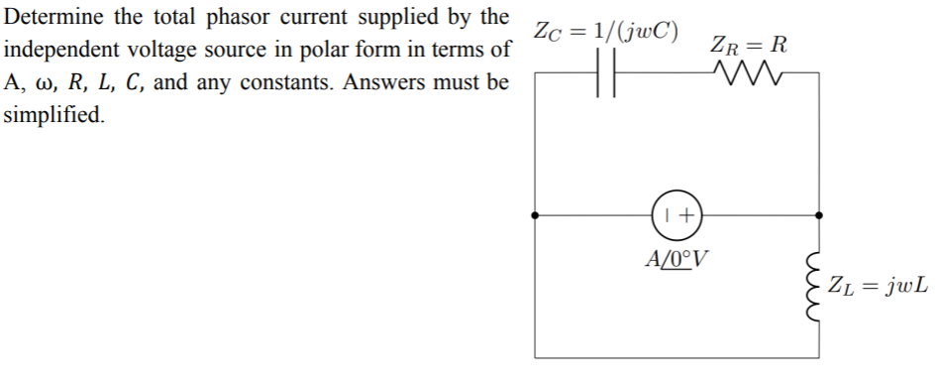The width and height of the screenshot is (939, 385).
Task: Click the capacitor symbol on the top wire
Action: [606, 73]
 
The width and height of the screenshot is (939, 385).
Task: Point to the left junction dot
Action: [536, 214]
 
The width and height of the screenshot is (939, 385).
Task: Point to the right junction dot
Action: [819, 214]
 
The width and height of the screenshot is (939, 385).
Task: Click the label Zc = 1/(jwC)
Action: [606, 30]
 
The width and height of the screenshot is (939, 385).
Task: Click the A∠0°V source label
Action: [678, 259]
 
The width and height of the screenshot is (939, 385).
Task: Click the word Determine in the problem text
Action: [49, 17]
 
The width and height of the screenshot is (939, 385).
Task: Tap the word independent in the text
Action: [59, 49]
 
